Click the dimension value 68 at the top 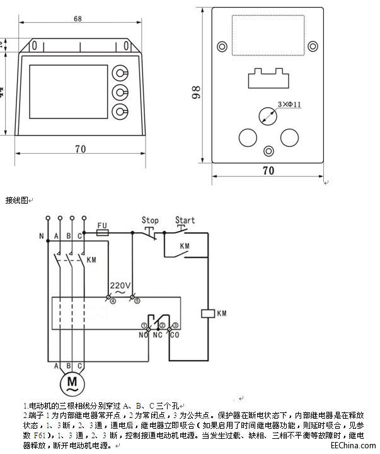(x=77, y=19)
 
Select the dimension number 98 (x=197, y=93)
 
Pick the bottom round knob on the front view (x=118, y=112)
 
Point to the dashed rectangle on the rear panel (x=268, y=34)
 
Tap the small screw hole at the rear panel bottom (x=268, y=151)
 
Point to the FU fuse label (x=103, y=224)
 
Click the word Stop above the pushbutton (x=150, y=221)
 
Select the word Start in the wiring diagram (x=185, y=221)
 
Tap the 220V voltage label (x=120, y=284)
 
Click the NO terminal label (x=143, y=335)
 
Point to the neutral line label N (x=41, y=237)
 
